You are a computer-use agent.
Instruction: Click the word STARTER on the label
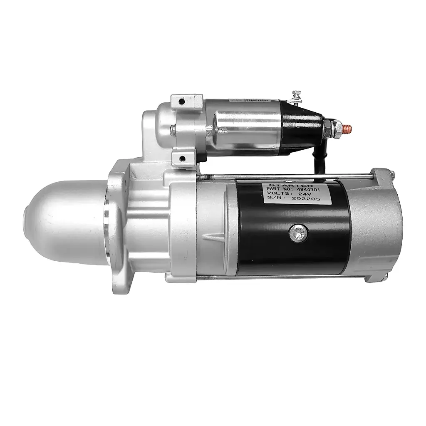[x=291, y=183]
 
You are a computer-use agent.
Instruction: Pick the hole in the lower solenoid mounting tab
[x=182, y=159]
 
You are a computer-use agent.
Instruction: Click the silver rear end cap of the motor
[x=376, y=227]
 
